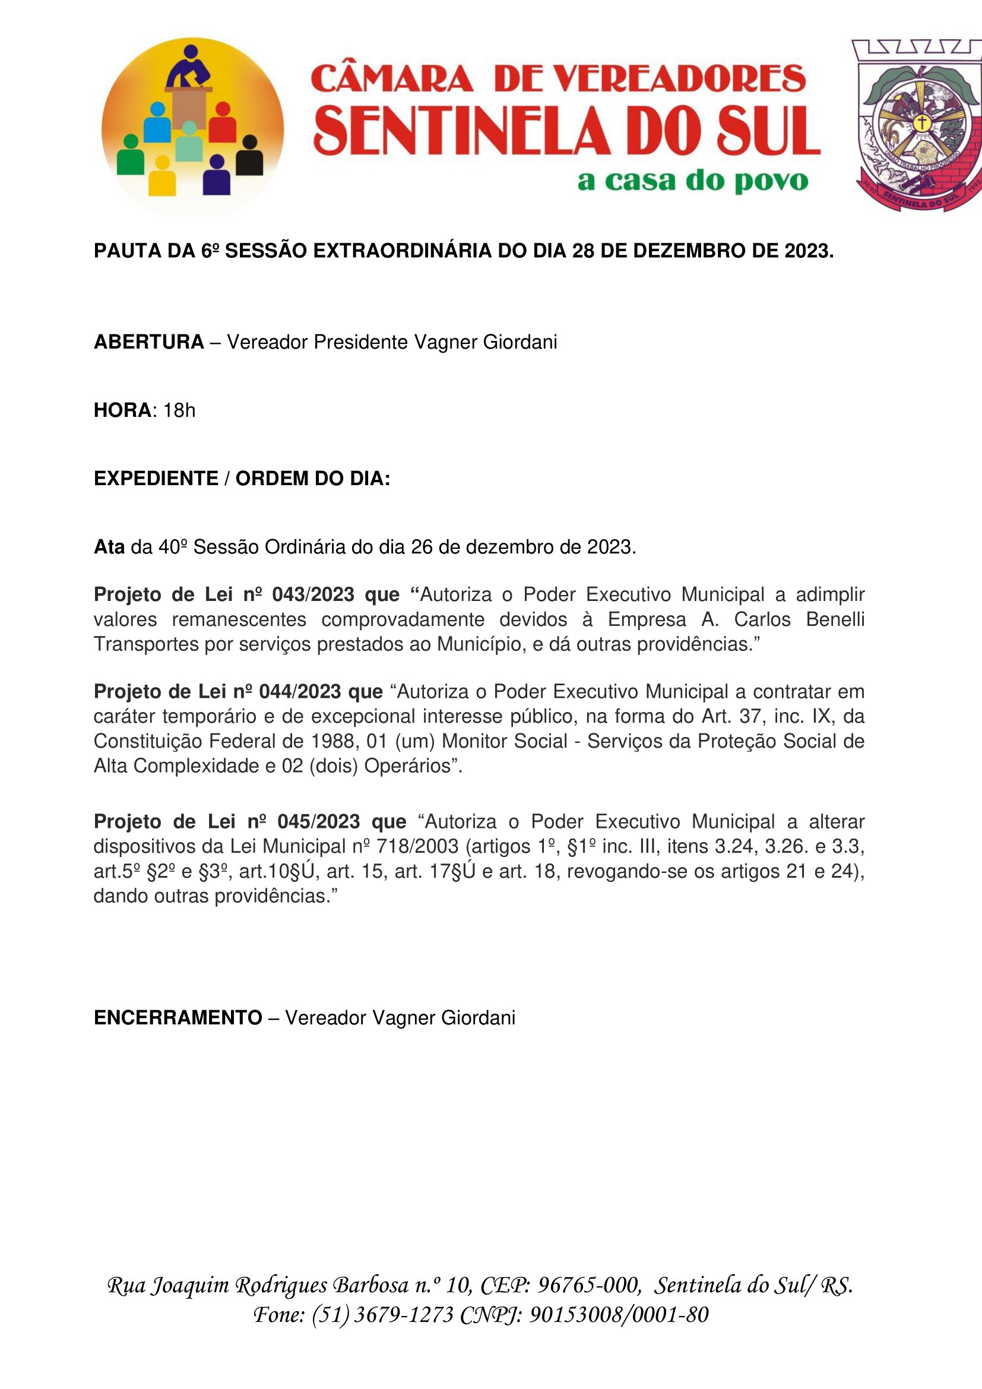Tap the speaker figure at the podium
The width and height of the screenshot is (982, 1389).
[189, 67]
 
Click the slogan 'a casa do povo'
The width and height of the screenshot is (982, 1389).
[692, 181]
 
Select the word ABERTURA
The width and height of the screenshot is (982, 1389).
[149, 343]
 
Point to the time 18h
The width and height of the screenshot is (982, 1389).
[179, 411]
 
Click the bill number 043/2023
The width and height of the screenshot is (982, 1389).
[313, 594]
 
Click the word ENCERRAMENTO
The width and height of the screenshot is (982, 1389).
[178, 1018]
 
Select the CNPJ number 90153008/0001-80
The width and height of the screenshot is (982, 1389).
[619, 1314]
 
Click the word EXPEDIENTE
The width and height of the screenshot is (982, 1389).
[156, 479]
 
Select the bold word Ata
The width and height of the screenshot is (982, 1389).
[109, 547]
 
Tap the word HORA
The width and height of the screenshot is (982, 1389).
[122, 411]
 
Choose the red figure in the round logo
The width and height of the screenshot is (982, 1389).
[222, 124]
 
